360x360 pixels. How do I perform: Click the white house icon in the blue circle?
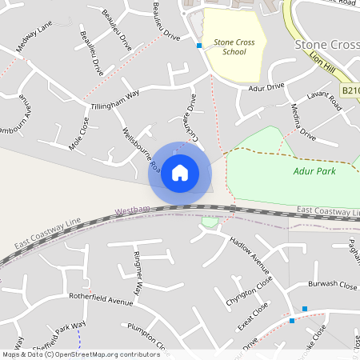(x=180, y=172)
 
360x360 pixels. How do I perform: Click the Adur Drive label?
(x=266, y=87)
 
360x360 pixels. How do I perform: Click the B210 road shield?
(x=350, y=91)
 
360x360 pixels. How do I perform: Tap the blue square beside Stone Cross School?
(x=199, y=46)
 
